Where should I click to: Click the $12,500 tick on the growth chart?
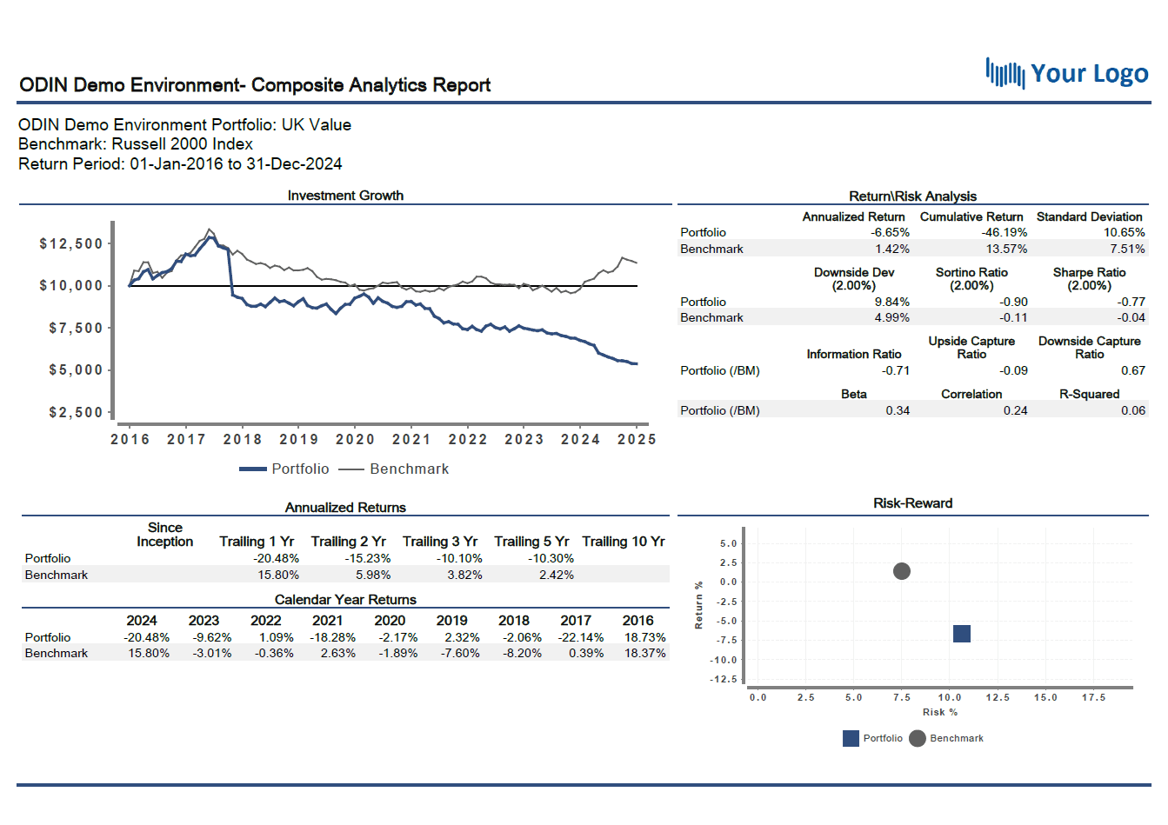tap(71, 243)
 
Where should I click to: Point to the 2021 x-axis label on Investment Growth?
tap(411, 439)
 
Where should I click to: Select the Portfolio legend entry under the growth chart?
tap(285, 469)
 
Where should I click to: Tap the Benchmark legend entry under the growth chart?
tap(394, 469)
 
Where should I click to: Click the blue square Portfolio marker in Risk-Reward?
tap(961, 634)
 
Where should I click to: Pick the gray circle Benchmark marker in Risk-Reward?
tap(902, 571)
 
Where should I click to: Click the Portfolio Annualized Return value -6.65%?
tap(890, 232)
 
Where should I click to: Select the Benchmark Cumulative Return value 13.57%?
tap(1006, 249)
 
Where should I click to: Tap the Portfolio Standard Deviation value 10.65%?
tap(1124, 232)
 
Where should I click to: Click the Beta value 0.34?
tap(898, 410)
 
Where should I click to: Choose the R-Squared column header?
tap(1089, 394)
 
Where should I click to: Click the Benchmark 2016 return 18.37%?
tap(644, 653)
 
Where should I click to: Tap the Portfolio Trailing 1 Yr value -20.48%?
tap(276, 558)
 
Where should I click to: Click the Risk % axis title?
tap(940, 712)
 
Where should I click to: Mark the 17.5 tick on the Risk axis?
tap(1093, 697)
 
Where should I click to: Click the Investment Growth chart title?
tap(345, 196)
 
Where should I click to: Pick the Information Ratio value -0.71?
tap(896, 370)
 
